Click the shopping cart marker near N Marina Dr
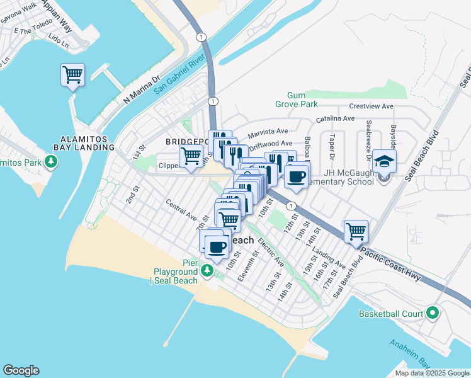[x=72, y=75]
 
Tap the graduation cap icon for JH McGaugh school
[x=384, y=161]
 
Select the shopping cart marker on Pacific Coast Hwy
[x=356, y=231]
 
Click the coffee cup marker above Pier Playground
[x=217, y=247]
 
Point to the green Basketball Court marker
[x=432, y=313]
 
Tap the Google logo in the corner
[x=21, y=370]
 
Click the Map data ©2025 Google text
[x=432, y=373]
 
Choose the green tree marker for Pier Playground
[x=207, y=271]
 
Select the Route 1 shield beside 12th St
[x=290, y=206]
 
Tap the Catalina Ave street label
[x=336, y=118]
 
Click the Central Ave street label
[x=181, y=211]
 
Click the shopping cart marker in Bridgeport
[x=191, y=156]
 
